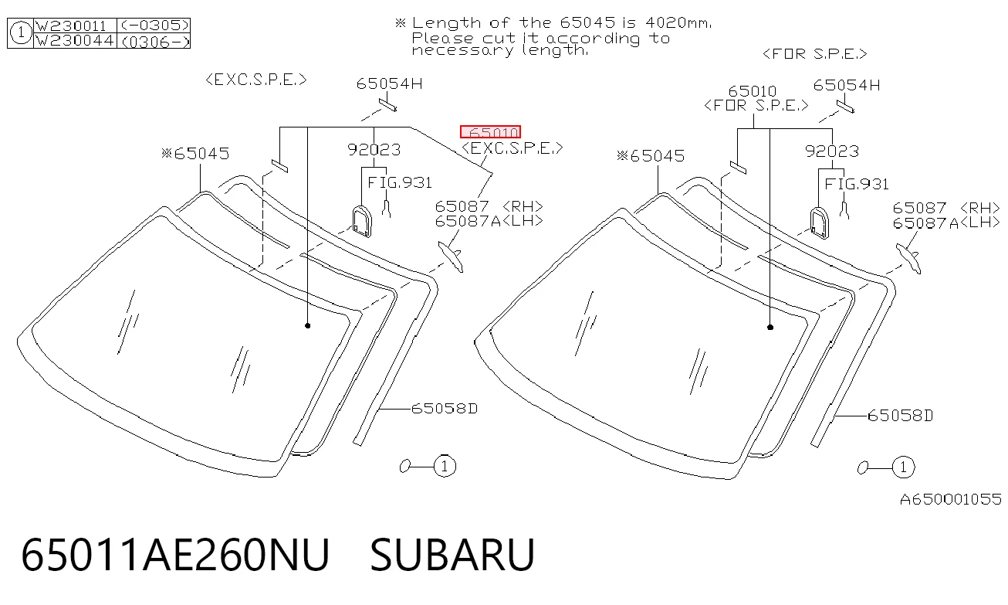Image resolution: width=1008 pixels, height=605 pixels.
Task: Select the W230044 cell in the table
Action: pos(75,40)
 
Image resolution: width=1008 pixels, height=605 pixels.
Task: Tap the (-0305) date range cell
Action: pos(154,25)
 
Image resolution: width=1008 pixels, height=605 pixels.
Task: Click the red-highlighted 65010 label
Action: pos(491,132)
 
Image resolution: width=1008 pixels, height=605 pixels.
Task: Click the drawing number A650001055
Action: pos(950,499)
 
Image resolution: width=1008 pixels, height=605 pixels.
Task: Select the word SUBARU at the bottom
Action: pos(452,555)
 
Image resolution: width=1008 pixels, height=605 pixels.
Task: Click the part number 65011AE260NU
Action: pos(175,555)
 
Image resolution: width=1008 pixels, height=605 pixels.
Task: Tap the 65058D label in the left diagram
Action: pos(444,409)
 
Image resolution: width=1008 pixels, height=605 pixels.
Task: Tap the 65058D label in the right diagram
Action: pos(900,416)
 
